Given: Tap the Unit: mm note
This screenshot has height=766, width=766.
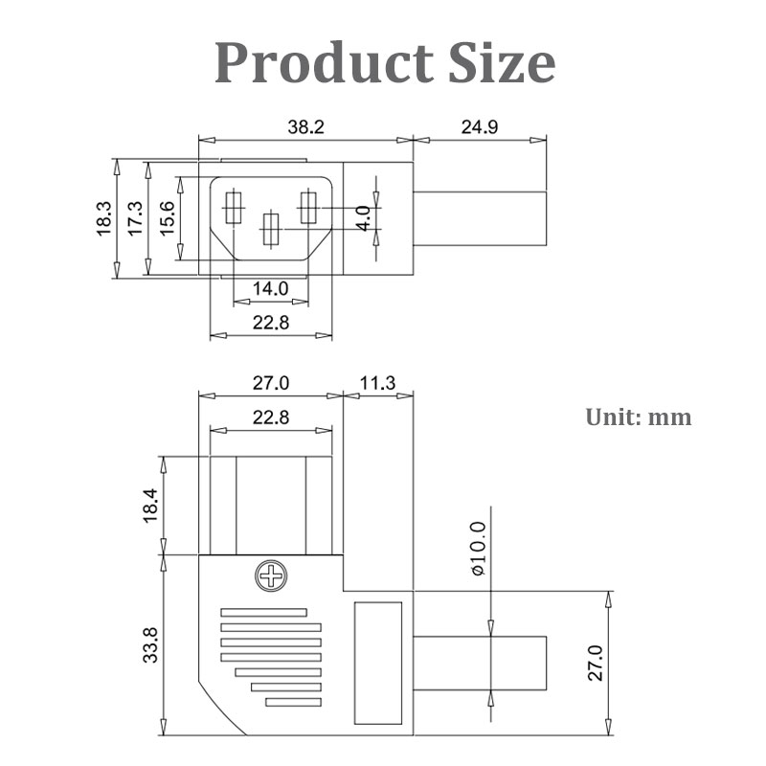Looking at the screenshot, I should pos(638,417).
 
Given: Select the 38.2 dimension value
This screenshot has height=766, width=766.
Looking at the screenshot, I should pos(305,124).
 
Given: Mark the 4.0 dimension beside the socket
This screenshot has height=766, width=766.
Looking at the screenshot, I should pos(362,218).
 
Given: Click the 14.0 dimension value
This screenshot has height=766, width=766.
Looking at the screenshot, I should pos(270,288).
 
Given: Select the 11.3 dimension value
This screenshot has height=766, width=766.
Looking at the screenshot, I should pos(377,384).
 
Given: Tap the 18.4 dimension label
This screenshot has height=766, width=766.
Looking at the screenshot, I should pos(147,505).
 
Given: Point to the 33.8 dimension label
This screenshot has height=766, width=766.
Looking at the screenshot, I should pos(147,644).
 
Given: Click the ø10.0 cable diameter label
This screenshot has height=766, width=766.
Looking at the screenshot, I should pos(479,548).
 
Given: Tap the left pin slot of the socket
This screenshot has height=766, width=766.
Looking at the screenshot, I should pos(232,209).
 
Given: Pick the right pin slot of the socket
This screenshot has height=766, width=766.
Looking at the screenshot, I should pos(308,209).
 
